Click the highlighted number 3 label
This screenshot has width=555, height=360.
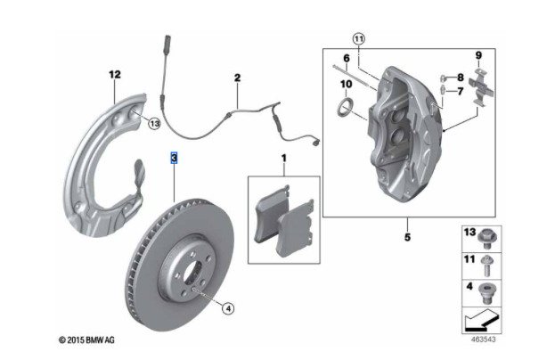pyautogui.click(x=175, y=157)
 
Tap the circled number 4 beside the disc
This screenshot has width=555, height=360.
pyautogui.click(x=228, y=308)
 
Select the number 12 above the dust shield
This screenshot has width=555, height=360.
pyautogui.click(x=114, y=74)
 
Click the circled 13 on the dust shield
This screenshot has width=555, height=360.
pyautogui.click(x=154, y=123)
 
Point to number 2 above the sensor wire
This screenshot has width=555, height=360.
pyautogui.click(x=238, y=78)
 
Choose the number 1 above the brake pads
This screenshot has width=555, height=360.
pyautogui.click(x=284, y=158)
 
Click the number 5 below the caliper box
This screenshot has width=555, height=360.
pyautogui.click(x=406, y=237)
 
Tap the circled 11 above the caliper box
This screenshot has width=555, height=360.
pyautogui.click(x=358, y=38)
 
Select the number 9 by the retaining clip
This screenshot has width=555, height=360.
pyautogui.click(x=477, y=55)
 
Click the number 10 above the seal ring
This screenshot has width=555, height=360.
pyautogui.click(x=345, y=85)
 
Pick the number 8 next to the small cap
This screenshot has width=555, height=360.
pyautogui.click(x=460, y=77)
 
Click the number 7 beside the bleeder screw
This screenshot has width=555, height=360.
pyautogui.click(x=460, y=91)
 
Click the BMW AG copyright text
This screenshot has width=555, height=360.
pyautogui.click(x=86, y=340)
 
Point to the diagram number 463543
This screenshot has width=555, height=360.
pyautogui.click(x=484, y=340)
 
